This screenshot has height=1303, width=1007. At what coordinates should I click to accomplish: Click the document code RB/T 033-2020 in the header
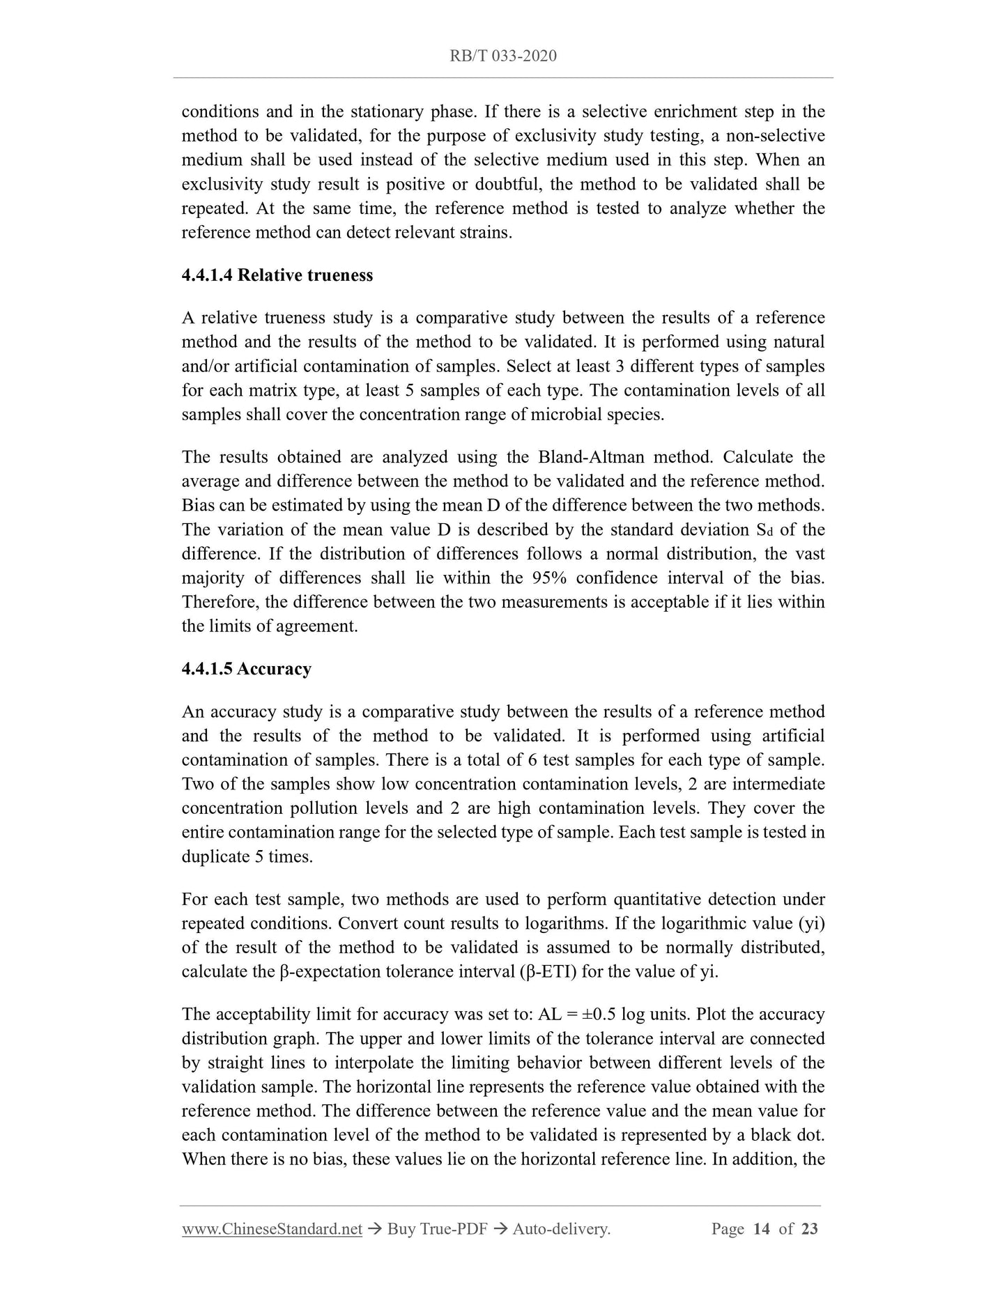click(x=503, y=56)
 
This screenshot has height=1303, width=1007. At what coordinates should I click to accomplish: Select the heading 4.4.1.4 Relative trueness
click(x=277, y=275)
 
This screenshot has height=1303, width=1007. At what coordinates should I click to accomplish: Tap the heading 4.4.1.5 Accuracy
click(x=246, y=669)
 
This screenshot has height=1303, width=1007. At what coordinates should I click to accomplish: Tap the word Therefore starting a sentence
click(x=220, y=603)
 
